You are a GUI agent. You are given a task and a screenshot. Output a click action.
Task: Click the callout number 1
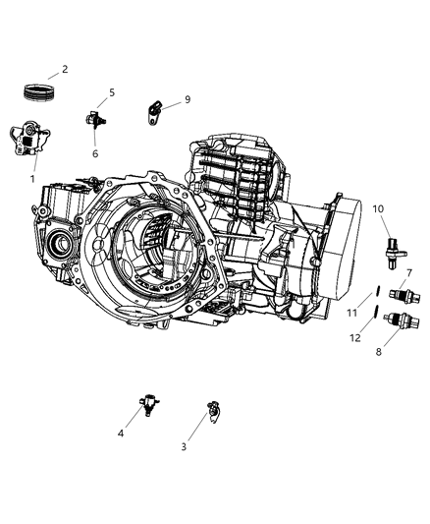[x=31, y=179]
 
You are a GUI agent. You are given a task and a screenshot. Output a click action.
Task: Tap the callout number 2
[x=65, y=70]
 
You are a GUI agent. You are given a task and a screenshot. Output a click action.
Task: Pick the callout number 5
[x=112, y=93]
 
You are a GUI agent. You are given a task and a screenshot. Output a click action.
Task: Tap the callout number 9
[x=188, y=99]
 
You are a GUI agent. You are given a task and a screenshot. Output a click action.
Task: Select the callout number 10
[x=379, y=207]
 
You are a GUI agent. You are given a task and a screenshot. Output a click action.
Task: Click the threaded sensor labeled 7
[x=400, y=293]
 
